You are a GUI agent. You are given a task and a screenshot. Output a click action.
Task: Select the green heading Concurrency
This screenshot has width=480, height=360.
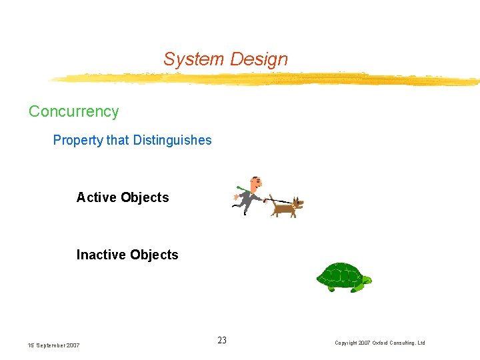pyautogui.click(x=73, y=111)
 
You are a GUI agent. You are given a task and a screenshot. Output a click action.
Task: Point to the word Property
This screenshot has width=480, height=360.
pyautogui.click(x=78, y=140)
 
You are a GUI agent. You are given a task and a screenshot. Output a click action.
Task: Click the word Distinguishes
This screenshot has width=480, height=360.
pyautogui.click(x=173, y=140)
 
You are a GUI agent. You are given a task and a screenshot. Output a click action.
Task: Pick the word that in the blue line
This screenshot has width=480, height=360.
pyautogui.click(x=118, y=140)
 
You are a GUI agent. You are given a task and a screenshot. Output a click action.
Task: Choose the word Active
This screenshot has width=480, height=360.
pyautogui.click(x=95, y=197)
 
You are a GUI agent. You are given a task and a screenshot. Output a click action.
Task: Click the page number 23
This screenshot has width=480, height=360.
pyautogui.click(x=222, y=341)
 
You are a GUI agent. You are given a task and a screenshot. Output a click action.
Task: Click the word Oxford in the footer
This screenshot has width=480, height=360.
pyautogui.click(x=383, y=343)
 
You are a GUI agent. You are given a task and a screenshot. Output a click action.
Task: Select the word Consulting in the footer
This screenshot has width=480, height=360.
pyautogui.click(x=405, y=343)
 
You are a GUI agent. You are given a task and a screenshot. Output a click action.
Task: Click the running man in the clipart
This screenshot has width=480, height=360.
pyautogui.click(x=249, y=195)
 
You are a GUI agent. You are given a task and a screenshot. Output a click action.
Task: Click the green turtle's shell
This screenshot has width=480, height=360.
pyautogui.click(x=339, y=274)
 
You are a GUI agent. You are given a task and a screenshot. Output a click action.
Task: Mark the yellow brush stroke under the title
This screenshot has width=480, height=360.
pyautogui.click(x=267, y=79)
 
